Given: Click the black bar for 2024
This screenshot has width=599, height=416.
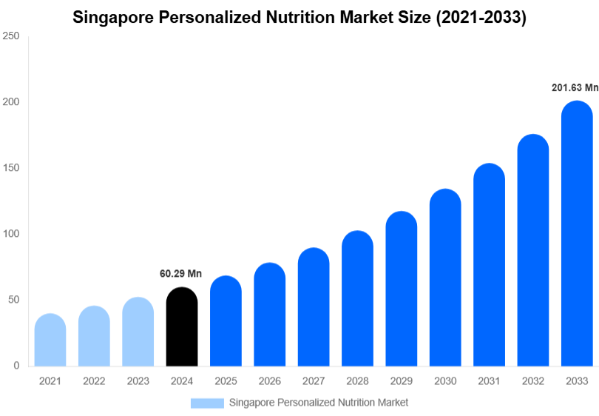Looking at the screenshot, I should [x=182, y=327].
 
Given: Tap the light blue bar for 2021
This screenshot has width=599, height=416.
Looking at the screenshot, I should [x=50, y=340].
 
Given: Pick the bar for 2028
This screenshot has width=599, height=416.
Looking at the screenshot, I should [x=357, y=299].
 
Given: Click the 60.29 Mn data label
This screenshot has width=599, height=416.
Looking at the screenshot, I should [x=180, y=274].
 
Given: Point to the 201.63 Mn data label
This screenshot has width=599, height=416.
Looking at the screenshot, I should [x=575, y=87].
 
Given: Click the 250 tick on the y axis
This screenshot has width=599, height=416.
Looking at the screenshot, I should [x=10, y=36].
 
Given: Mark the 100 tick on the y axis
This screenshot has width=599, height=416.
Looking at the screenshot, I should [x=10, y=234].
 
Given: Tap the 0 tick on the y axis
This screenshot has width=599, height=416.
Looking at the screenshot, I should [x=16, y=366].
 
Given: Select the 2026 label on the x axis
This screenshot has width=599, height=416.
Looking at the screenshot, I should [x=269, y=381].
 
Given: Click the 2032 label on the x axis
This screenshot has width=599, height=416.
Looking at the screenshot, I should [x=532, y=381].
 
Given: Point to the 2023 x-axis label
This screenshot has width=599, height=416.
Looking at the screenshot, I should [x=138, y=381].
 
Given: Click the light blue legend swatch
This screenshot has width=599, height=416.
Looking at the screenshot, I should [x=207, y=403].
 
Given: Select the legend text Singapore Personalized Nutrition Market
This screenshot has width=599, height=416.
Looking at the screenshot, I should [x=319, y=403].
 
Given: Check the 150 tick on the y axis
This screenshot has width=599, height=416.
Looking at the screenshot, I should [x=10, y=168].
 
